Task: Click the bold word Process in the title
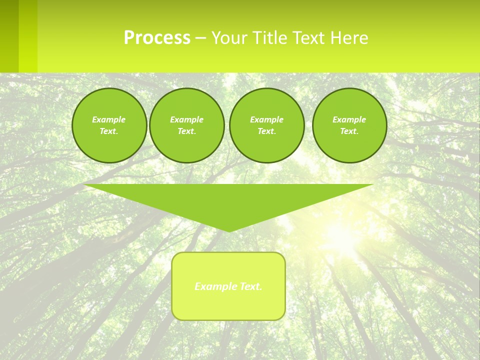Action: pyautogui.click(x=157, y=38)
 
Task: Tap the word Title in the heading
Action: pyautogui.click(x=270, y=38)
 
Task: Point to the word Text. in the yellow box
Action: pyautogui.click(x=251, y=286)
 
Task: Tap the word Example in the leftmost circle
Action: pyautogui.click(x=109, y=119)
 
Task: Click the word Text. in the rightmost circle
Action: pyautogui.click(x=349, y=131)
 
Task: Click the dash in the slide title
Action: pyautogui.click(x=200, y=38)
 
